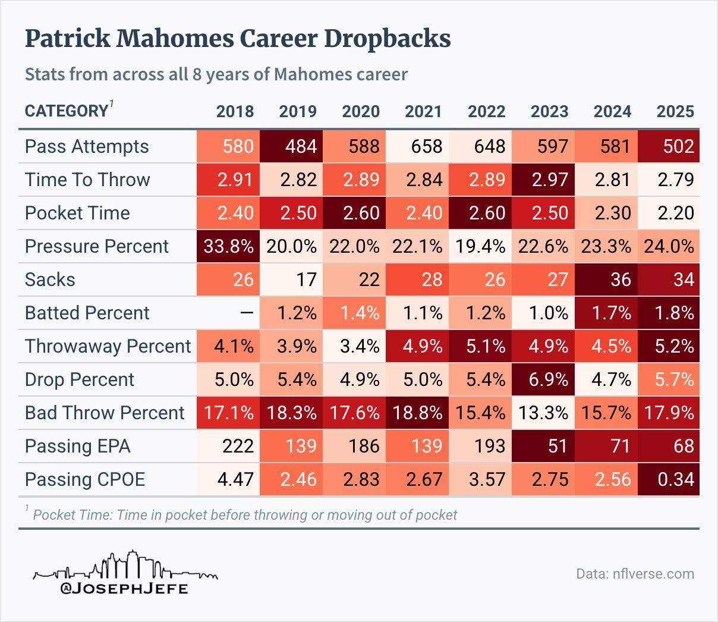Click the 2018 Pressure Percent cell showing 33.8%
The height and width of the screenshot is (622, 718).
click(x=228, y=246)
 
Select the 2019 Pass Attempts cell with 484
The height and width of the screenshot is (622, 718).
click(x=291, y=146)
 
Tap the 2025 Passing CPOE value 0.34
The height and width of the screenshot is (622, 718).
click(x=669, y=479)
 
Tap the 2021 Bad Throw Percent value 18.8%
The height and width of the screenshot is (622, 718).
click(x=417, y=413)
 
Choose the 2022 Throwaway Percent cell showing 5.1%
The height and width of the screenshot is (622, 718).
click(x=480, y=346)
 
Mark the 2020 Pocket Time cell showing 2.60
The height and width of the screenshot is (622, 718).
click(x=354, y=213)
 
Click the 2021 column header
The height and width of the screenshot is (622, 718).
click(x=423, y=111)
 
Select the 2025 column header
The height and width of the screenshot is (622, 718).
click(x=675, y=111)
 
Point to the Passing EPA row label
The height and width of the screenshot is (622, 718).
click(x=77, y=446)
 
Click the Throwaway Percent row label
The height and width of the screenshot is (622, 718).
click(x=108, y=346)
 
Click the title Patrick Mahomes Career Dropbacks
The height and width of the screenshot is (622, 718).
click(x=238, y=39)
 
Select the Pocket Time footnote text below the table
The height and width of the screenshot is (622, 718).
click(x=244, y=514)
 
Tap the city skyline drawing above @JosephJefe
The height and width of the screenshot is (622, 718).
click(x=125, y=566)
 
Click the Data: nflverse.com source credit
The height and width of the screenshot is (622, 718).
click(x=635, y=574)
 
